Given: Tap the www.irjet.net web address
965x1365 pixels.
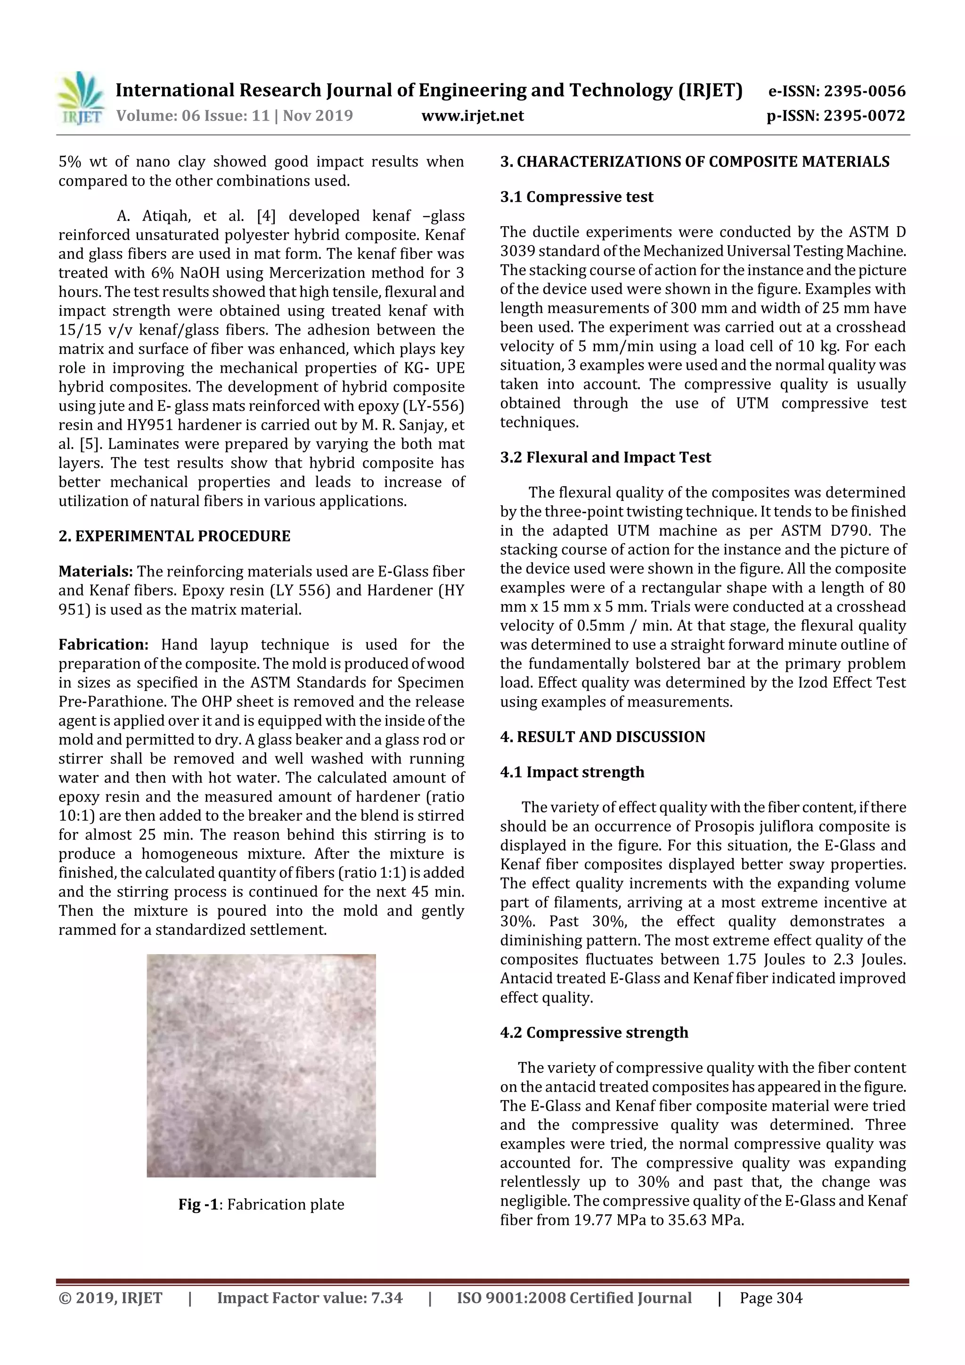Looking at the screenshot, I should point(473,116).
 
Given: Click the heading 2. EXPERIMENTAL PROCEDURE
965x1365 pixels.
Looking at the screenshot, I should point(174,536).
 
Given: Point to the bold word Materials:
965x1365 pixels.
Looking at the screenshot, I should point(96,572).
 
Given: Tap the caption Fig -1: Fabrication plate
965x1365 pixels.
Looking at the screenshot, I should point(261,1204).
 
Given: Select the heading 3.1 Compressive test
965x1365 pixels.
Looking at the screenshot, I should point(576,197).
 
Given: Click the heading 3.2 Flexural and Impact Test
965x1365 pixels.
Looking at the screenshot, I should point(605,457).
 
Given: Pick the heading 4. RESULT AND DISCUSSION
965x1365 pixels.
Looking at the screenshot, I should point(602,736).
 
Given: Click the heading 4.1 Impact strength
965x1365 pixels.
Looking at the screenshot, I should point(572,772).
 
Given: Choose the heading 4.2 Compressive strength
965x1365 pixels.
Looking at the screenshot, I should point(594,1032).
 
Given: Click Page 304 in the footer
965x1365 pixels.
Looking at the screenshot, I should point(770,1298).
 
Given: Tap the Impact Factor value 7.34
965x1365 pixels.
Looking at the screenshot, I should point(310,1298).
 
